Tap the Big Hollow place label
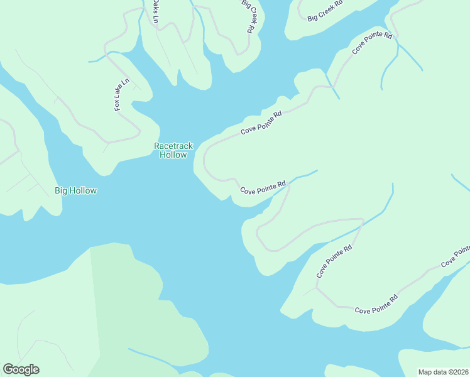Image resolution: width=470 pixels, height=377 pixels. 75,190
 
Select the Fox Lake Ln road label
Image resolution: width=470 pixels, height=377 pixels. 121,95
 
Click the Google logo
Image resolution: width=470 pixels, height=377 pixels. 21,369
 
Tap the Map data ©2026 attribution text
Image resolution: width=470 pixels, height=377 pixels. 443,372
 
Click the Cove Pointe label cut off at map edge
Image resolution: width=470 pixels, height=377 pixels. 454,256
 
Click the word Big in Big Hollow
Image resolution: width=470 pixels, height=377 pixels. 61,190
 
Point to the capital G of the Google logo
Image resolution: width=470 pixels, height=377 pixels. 8,369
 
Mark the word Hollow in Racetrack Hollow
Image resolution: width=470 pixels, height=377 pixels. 173,155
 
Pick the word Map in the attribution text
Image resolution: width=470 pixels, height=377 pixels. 425,372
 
